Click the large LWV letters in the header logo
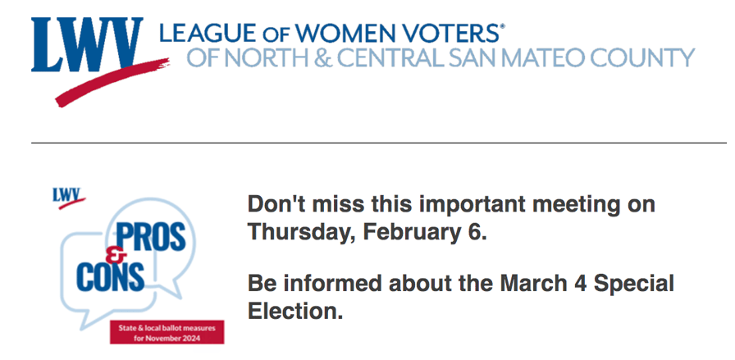(87, 44)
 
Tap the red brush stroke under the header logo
(112, 83)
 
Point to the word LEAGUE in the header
(208, 34)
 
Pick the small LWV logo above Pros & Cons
(68, 198)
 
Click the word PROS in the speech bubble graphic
(150, 237)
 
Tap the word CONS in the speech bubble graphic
(110, 276)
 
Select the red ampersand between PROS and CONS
(113, 256)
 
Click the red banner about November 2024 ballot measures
(167, 332)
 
